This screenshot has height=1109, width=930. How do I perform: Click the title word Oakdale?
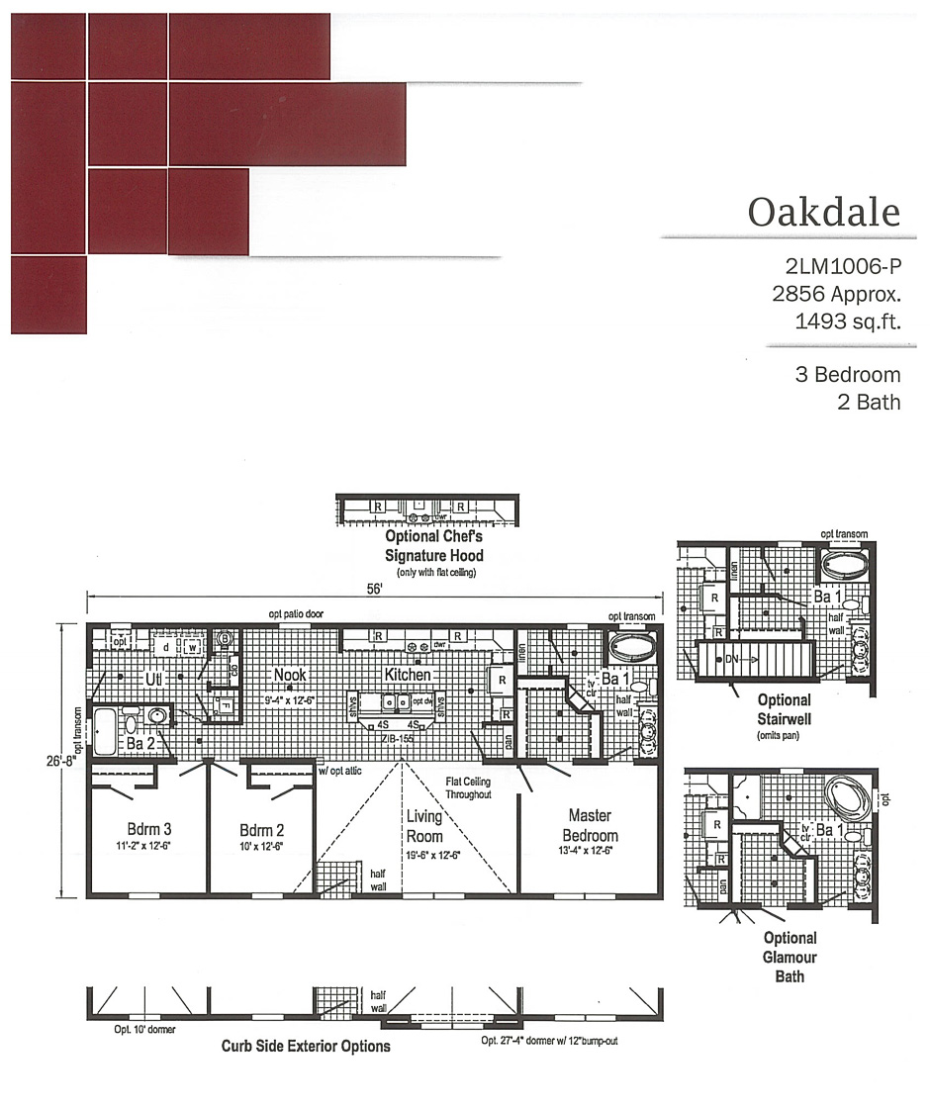tap(823, 212)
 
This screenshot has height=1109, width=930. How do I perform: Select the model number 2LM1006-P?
tap(842, 266)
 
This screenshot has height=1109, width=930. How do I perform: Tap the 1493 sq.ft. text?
tap(847, 321)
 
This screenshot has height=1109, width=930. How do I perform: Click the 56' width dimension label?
tap(373, 587)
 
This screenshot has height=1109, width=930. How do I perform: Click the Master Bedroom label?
tap(589, 825)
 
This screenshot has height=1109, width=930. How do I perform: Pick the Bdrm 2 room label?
tap(261, 829)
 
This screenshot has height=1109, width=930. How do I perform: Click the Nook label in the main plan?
tap(290, 676)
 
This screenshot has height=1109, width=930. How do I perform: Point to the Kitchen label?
tap(407, 675)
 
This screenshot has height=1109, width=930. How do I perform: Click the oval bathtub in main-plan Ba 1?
tap(631, 650)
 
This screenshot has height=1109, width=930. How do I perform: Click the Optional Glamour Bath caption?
tap(790, 957)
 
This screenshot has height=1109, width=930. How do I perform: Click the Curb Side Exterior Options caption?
tap(305, 1046)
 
